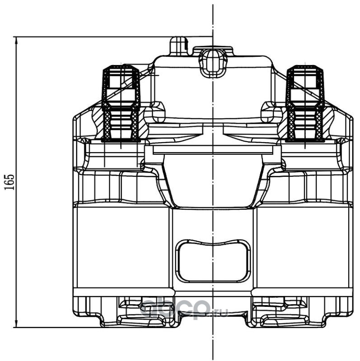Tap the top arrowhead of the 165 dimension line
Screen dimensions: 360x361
(17, 40)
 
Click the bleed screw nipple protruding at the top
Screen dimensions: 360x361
(178, 46)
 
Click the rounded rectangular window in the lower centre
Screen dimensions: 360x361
(213, 261)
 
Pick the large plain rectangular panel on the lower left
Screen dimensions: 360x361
(122, 246)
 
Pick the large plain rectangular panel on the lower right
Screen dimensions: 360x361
(302, 246)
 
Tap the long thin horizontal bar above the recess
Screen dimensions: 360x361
(213, 150)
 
